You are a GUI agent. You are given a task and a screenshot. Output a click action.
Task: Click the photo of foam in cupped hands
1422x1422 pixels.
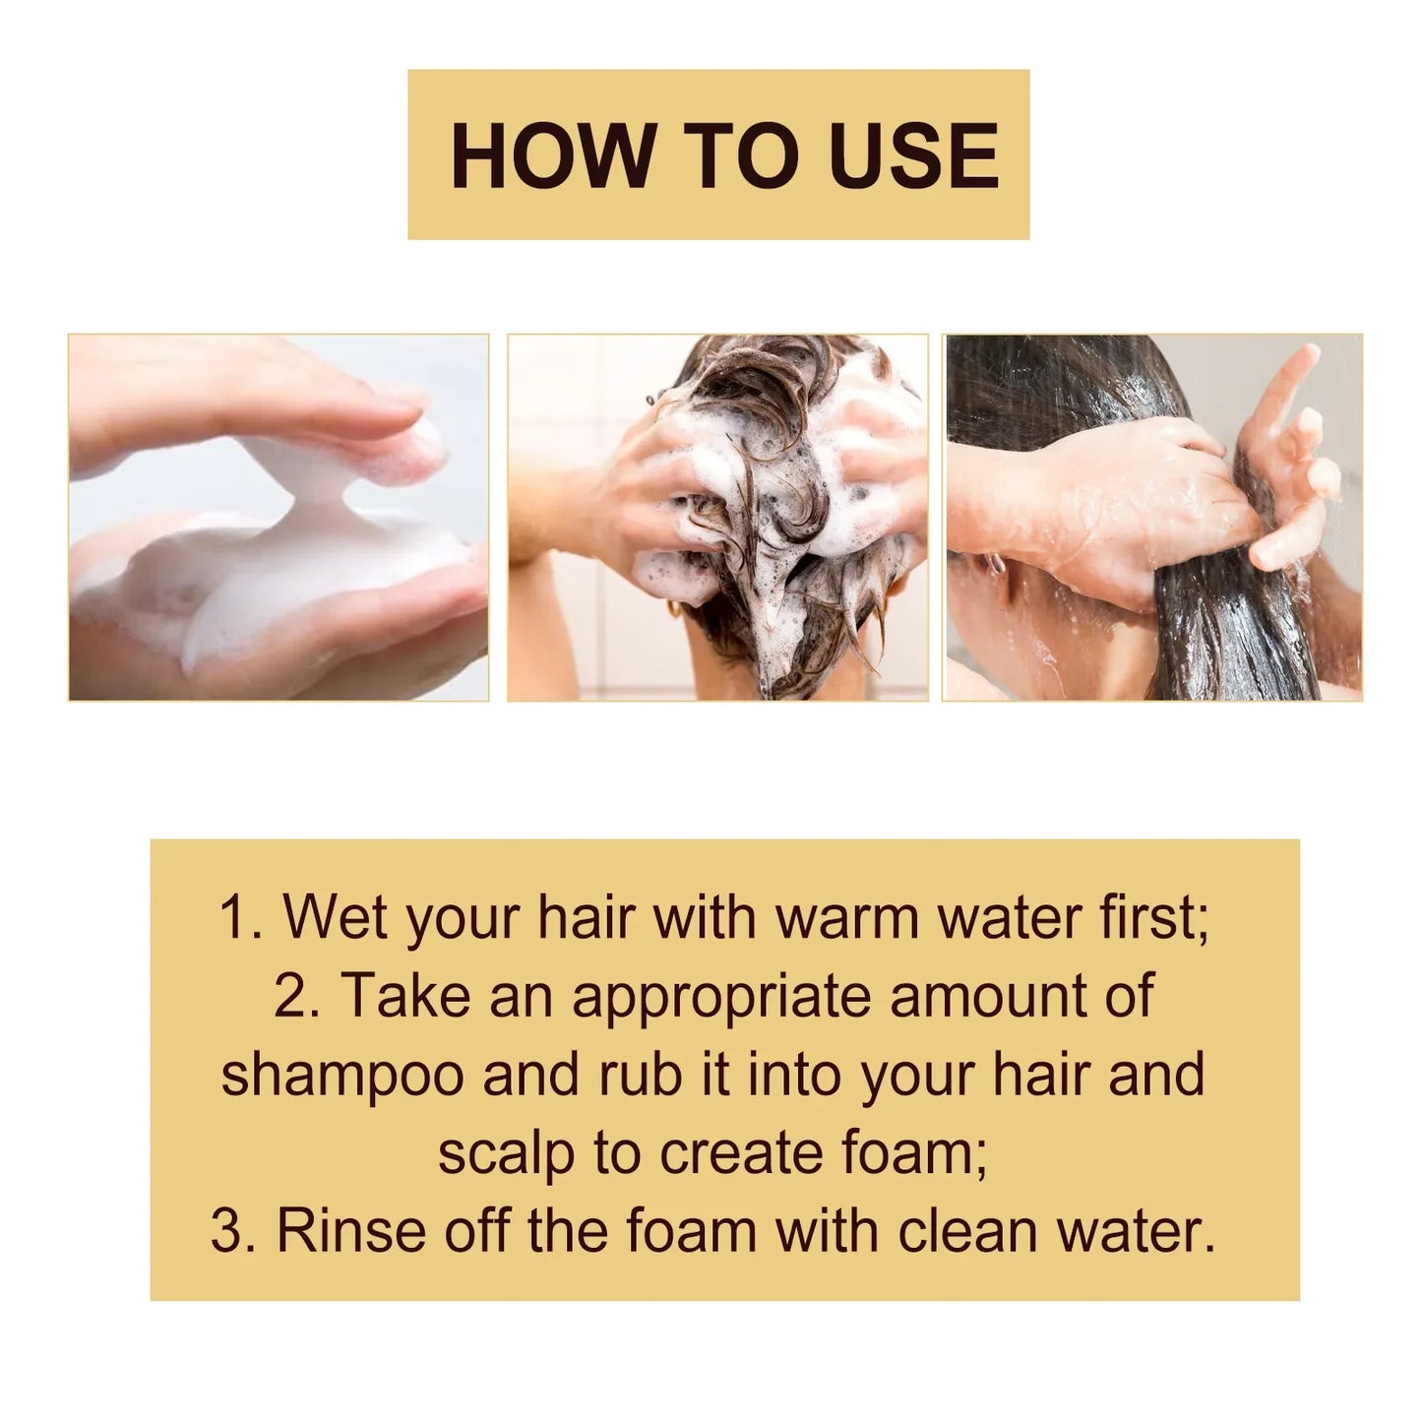click(278, 518)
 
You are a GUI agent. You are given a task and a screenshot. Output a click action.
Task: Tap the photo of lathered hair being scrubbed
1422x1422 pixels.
click(717, 518)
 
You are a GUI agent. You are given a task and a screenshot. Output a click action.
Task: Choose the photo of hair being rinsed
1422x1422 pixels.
click(1152, 518)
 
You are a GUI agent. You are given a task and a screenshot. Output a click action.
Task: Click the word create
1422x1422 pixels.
click(741, 1153)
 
